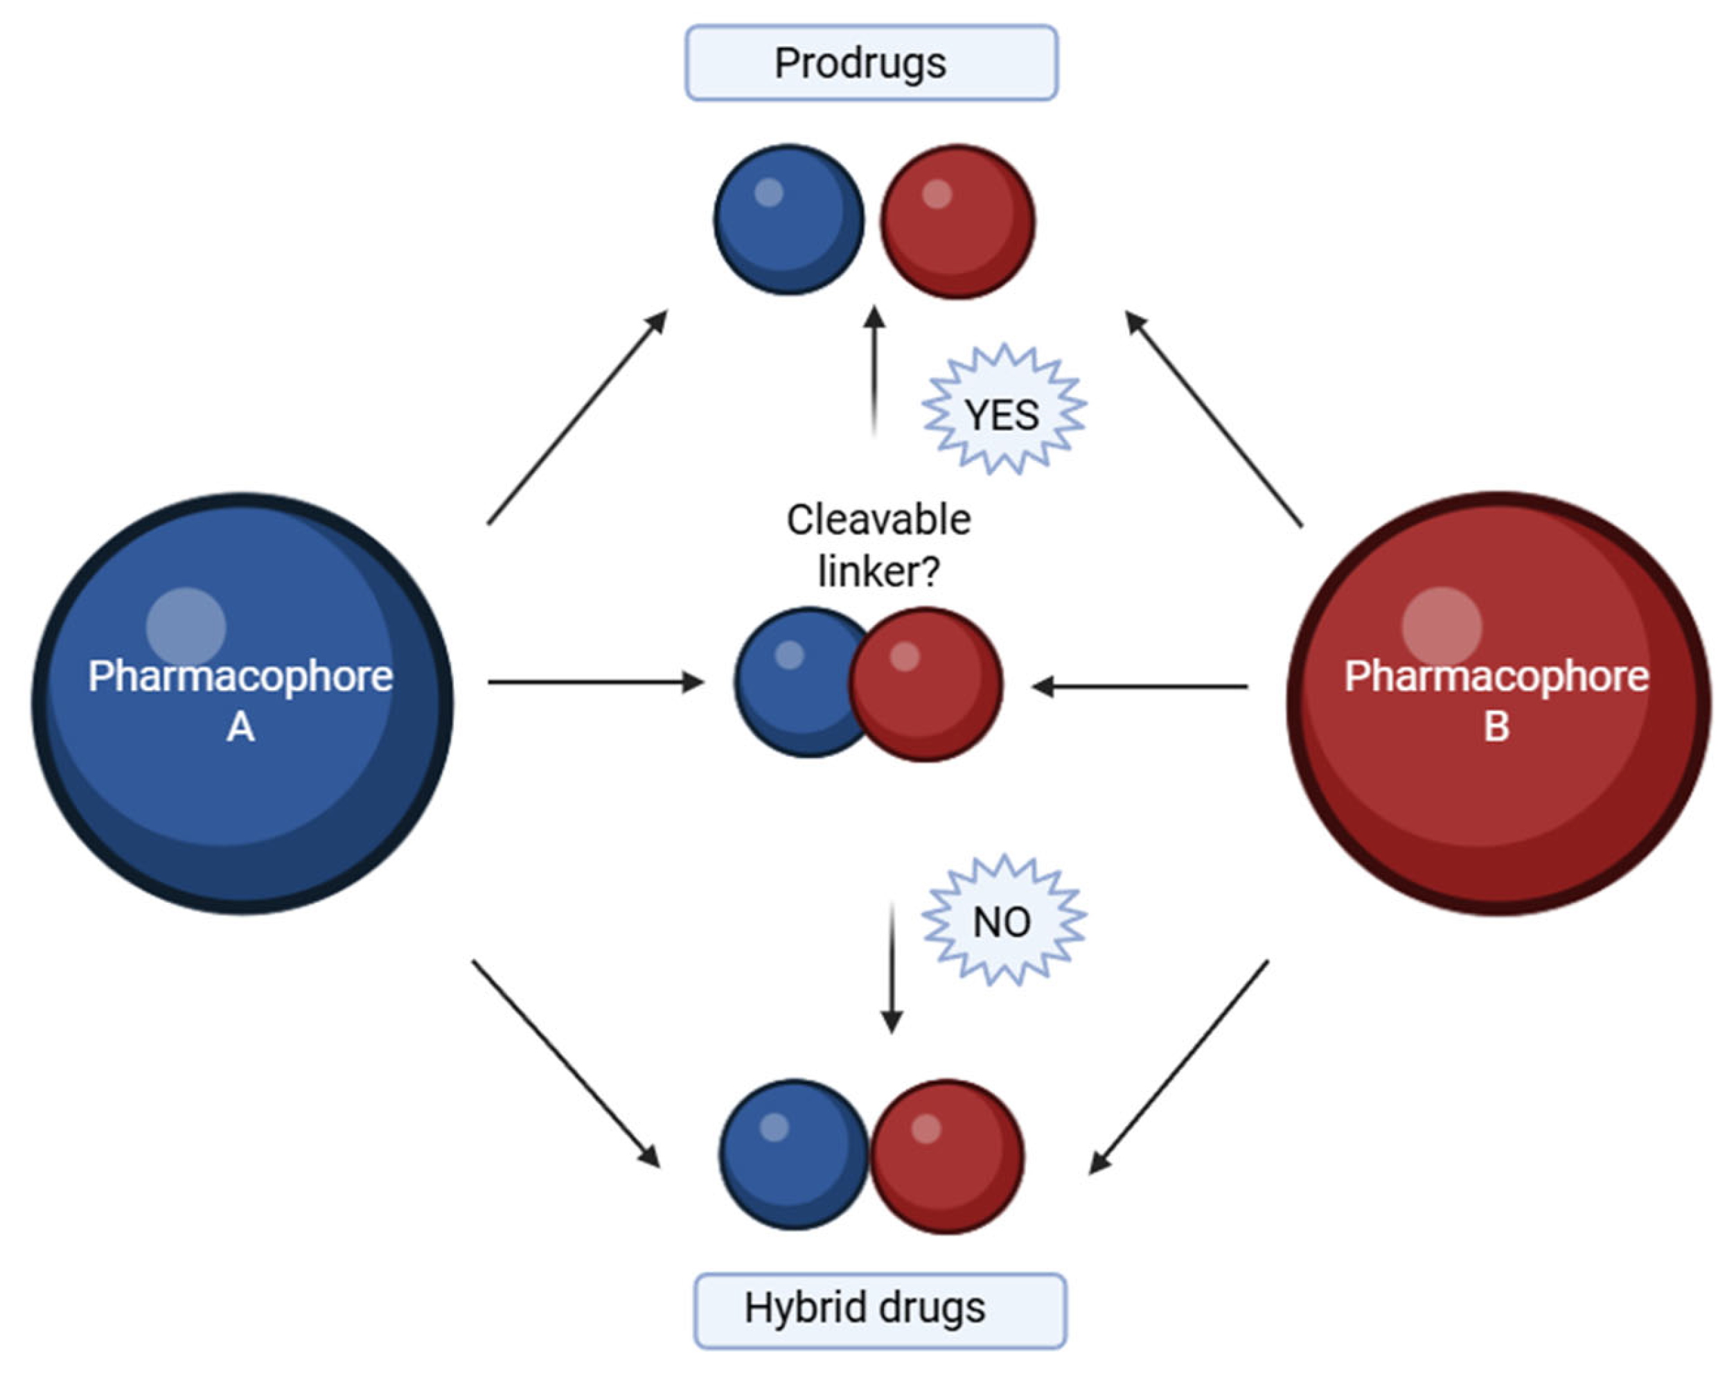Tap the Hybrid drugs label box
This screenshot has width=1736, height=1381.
879,1308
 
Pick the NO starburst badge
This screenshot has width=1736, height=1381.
1003,921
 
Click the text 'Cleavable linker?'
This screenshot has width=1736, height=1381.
878,545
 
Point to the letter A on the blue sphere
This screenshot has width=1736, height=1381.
241,727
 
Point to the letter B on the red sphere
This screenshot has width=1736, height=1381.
1496,725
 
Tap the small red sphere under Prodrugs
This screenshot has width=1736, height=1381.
957,222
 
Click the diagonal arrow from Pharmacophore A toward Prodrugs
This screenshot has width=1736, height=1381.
577,417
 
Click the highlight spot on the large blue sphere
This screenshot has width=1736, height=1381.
186,626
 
